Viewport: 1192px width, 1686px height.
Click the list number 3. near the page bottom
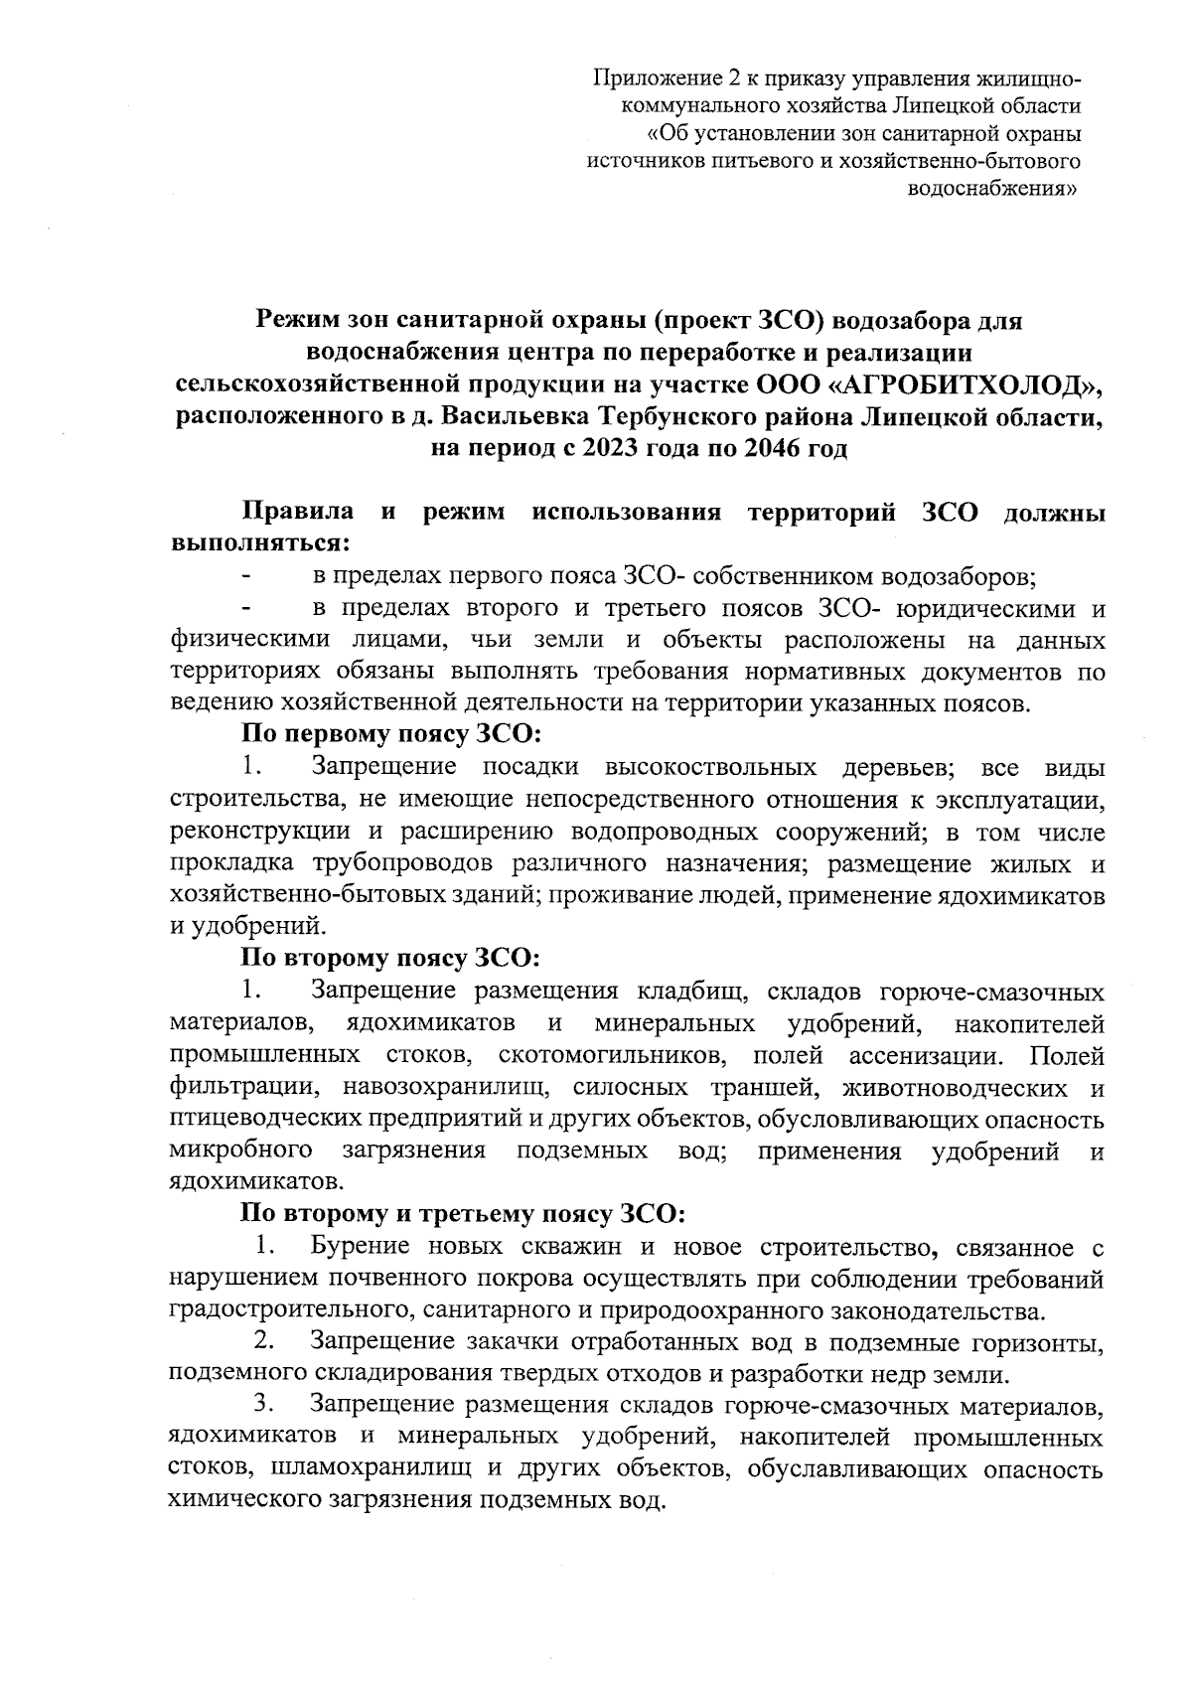264,1406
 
